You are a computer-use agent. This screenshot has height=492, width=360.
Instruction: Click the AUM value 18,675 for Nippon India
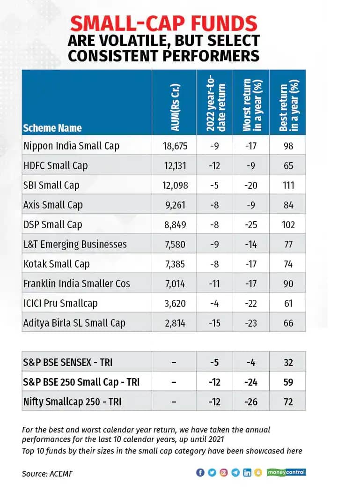174,146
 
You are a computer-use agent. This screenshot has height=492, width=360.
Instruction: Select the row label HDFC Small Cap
55,165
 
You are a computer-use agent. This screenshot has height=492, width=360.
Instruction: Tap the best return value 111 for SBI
288,185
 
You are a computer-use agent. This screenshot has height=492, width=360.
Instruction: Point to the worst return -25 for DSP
251,224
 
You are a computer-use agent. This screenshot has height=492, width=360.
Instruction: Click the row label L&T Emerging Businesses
75,244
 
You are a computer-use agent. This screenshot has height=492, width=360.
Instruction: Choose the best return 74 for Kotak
288,264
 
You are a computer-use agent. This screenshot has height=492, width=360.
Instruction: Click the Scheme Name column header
52,128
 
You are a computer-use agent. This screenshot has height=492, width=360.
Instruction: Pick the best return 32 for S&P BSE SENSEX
288,362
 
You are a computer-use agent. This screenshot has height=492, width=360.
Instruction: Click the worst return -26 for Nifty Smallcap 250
251,402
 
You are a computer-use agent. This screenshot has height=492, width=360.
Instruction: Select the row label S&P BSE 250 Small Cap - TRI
81,382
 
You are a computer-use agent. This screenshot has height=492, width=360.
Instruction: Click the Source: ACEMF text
47,474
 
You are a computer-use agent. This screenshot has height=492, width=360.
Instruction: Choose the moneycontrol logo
286,472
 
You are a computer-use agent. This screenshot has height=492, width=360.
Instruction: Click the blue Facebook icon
200,473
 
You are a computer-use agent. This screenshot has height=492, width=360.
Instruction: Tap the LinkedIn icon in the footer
247,473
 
